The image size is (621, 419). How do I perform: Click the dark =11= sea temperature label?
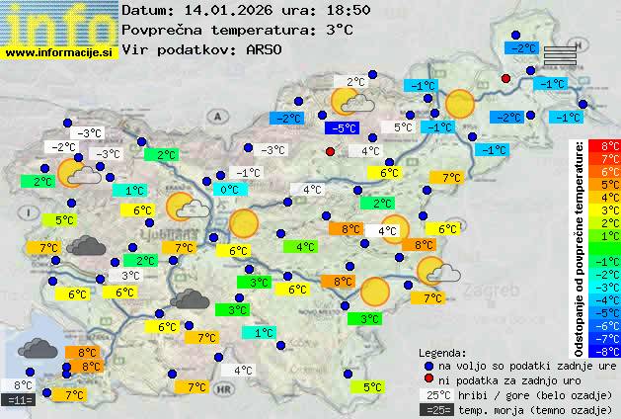coord(20,400)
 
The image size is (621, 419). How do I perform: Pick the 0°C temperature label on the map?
coord(230,190)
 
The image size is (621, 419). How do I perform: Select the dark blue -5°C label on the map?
coord(343,128)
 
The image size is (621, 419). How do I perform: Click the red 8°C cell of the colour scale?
coord(610,146)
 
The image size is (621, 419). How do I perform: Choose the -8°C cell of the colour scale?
coord(610,350)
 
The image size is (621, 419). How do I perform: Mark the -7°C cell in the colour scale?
coord(610,337)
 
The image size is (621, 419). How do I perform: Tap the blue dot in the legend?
coord(428,366)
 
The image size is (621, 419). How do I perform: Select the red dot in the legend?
coord(428,379)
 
